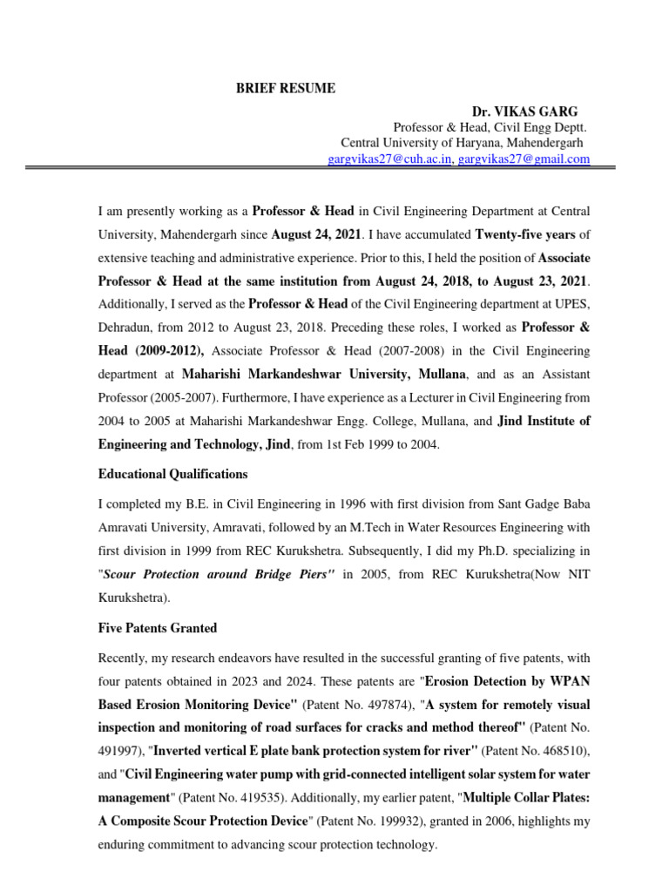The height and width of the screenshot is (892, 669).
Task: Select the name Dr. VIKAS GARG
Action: click(x=524, y=111)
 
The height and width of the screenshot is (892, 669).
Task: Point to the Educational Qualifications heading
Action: click(x=172, y=474)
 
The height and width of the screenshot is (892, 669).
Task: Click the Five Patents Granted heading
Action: click(x=157, y=628)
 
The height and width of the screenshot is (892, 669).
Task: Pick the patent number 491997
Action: click(x=121, y=749)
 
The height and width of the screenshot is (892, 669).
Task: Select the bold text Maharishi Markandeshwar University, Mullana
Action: click(x=326, y=374)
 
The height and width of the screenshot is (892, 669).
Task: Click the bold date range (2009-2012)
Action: click(x=167, y=351)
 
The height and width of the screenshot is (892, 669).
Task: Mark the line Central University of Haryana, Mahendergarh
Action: click(x=464, y=143)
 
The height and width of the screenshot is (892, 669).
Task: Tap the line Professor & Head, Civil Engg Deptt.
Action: click(x=492, y=127)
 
